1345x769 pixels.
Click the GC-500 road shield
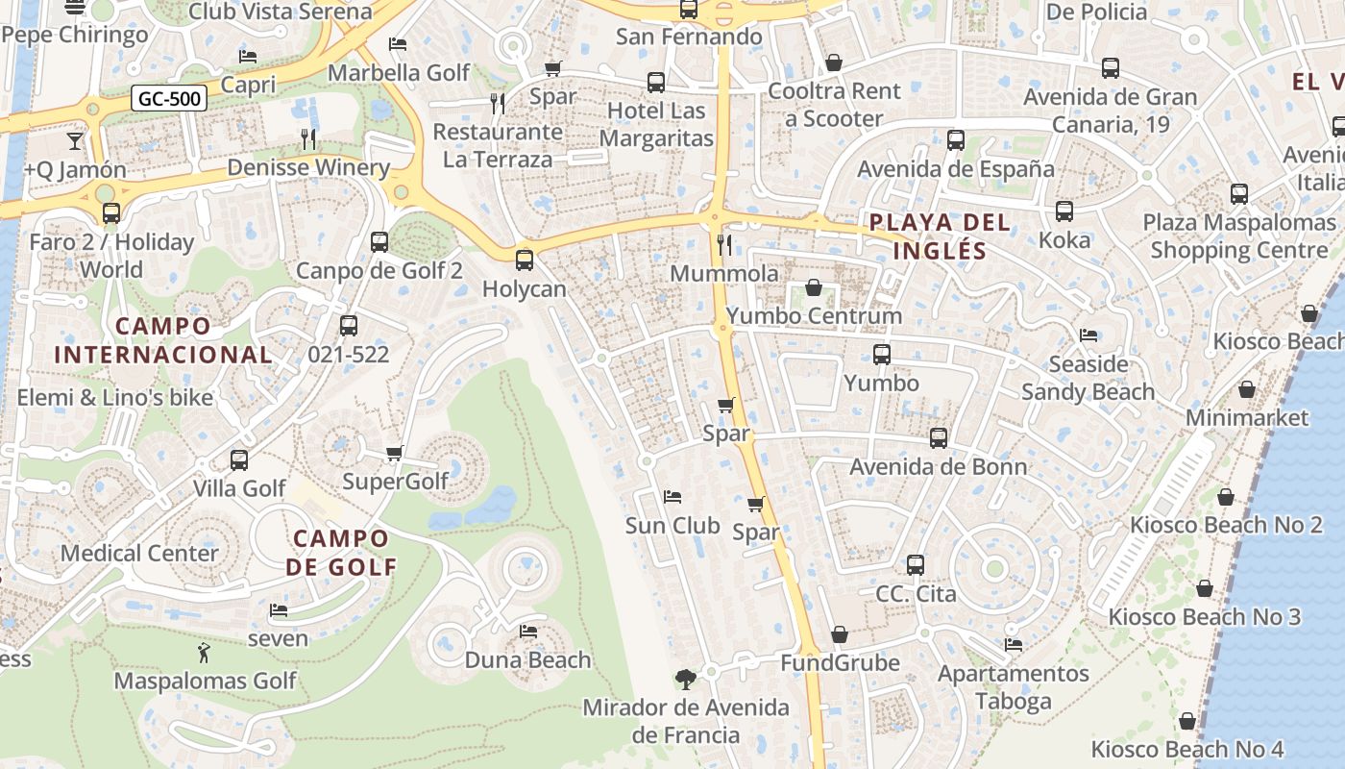coord(170,98)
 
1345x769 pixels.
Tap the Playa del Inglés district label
coord(939,236)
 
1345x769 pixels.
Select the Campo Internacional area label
coord(163,339)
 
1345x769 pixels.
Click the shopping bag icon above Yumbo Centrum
coord(814,287)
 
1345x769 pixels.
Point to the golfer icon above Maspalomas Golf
coord(204,654)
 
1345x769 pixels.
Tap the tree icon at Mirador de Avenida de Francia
coord(685,680)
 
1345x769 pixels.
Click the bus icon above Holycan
coord(525,260)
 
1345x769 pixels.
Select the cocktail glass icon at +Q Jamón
coord(75,141)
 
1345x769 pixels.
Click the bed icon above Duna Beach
coord(527,632)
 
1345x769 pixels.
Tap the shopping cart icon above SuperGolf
coord(394,453)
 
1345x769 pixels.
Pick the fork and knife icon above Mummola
coord(724,245)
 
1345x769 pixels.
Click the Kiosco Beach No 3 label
coord(1204,616)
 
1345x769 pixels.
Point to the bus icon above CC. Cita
coord(916,565)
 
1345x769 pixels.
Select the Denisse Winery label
coord(308,167)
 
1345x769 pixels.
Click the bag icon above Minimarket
coord(1246,389)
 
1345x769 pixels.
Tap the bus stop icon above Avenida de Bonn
coord(939,438)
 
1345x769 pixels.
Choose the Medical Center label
coord(140,553)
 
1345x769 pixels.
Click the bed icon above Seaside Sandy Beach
coord(1088,335)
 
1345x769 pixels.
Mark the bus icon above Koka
coord(1064,211)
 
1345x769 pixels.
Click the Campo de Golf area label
coord(341,552)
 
